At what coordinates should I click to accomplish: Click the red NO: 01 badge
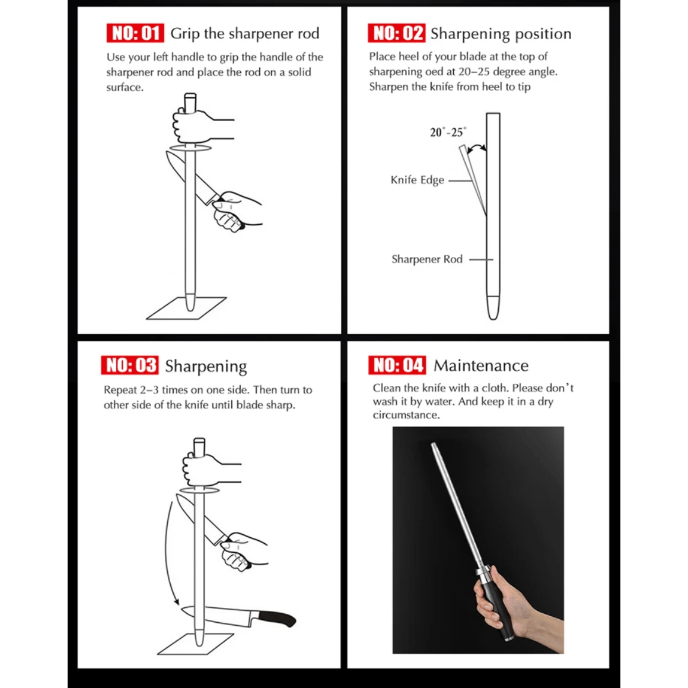pyautogui.click(x=135, y=33)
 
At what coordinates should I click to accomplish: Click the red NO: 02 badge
pyautogui.click(x=397, y=33)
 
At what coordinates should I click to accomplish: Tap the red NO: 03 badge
pyautogui.click(x=130, y=365)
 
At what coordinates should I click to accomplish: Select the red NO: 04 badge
pyautogui.click(x=397, y=365)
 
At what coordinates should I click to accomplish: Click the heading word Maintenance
pyautogui.click(x=481, y=365)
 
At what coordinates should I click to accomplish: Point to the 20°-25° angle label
pyautogui.click(x=448, y=132)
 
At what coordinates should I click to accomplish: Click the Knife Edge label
pyautogui.click(x=418, y=180)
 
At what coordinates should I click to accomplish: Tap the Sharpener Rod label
pyautogui.click(x=427, y=259)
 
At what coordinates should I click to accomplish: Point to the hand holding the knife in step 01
pyautogui.click(x=235, y=211)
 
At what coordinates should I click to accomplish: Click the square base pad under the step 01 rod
pyautogui.click(x=186, y=308)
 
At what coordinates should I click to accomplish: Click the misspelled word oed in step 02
pyautogui.click(x=434, y=72)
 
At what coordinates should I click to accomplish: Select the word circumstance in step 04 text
pyautogui.click(x=406, y=415)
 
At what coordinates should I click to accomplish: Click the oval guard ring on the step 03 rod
pyautogui.click(x=199, y=490)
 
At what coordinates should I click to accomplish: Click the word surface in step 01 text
pyautogui.click(x=125, y=87)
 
